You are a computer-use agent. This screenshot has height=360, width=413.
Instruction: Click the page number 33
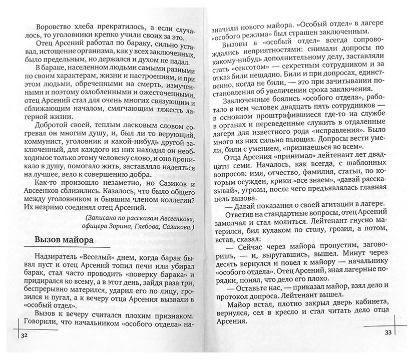387,333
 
